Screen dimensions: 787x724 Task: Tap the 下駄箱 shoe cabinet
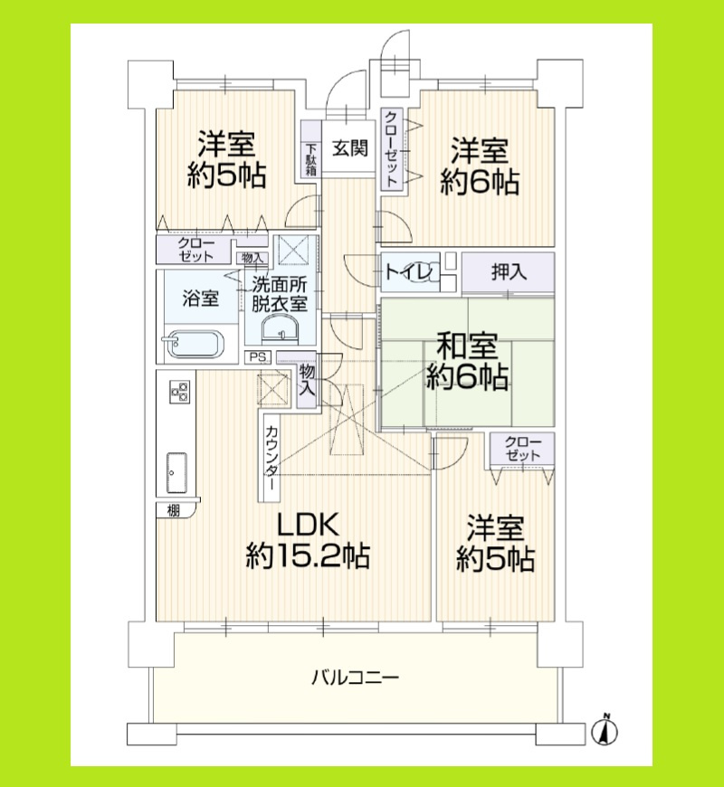point(310,159)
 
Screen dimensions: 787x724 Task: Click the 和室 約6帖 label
point(467,361)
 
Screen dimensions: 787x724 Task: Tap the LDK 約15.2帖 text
point(307,540)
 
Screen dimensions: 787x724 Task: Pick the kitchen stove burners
point(179,393)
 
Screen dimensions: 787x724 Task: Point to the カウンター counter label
point(272,456)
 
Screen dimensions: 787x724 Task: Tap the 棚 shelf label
point(173,511)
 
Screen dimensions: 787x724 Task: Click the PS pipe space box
point(259,356)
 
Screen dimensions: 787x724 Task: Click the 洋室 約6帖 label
point(480,166)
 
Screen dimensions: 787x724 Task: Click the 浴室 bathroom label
point(200,299)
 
